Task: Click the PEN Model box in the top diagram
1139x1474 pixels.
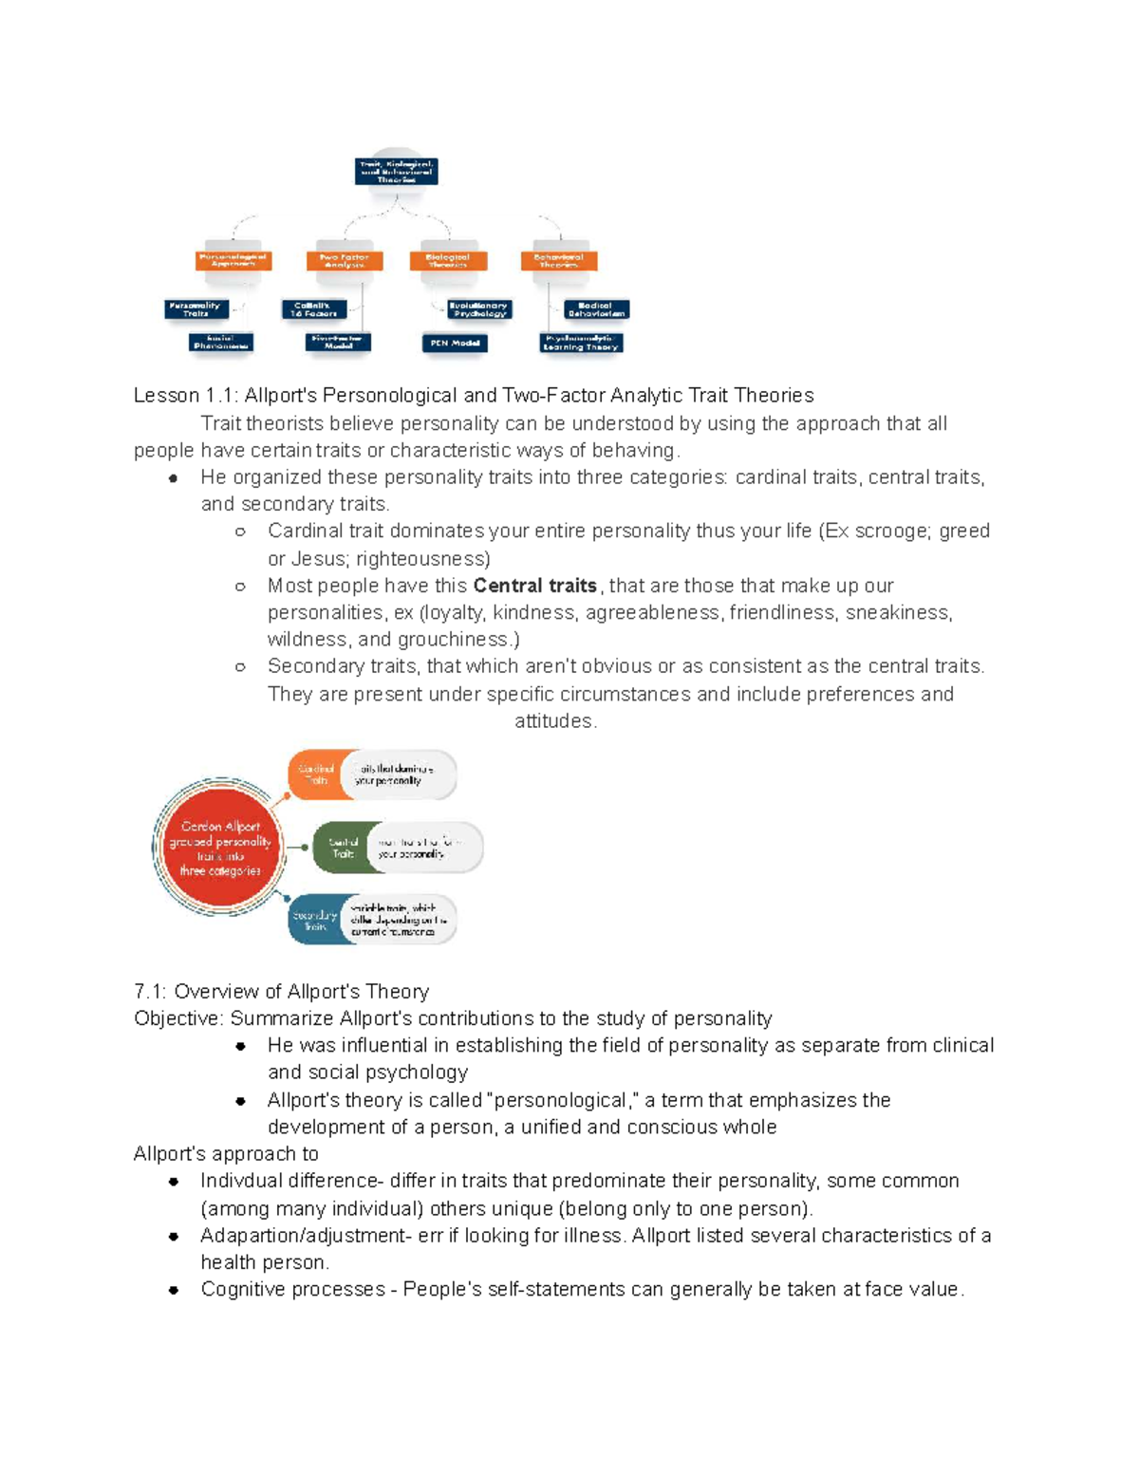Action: coord(454,343)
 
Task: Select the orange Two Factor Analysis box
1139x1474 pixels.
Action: coord(344,260)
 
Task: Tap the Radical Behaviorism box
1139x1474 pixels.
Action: coord(596,309)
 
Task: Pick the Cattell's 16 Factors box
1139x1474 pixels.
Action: coord(314,309)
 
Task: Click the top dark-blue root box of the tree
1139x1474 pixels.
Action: coord(396,172)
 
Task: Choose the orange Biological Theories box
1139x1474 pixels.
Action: coord(448,260)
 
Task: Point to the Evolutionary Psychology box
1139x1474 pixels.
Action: coord(478,309)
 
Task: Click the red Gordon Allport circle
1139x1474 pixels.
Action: coord(220,848)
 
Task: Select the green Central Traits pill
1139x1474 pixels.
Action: coord(344,848)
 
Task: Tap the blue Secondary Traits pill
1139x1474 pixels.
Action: coord(315,920)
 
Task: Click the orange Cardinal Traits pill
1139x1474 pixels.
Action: coord(316,774)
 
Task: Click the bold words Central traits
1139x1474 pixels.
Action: coord(534,586)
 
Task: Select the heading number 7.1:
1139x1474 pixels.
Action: coord(151,992)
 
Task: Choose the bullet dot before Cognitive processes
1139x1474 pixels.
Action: coord(174,1290)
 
